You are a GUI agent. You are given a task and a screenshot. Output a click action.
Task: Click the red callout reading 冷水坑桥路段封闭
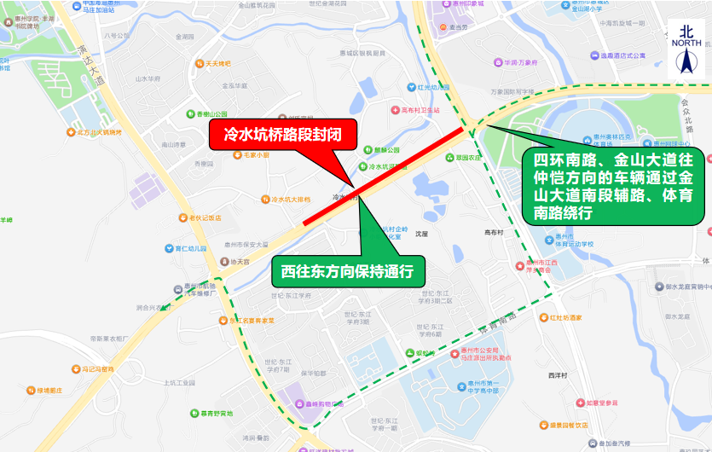[270, 135]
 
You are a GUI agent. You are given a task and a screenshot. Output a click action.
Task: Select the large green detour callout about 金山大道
[612, 187]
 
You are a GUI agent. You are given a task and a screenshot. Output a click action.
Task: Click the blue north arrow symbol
[688, 61]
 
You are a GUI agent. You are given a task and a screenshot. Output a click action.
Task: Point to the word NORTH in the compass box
[686, 42]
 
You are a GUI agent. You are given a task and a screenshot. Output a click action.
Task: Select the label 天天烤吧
[217, 63]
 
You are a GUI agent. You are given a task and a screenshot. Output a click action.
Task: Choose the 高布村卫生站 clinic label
[420, 110]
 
